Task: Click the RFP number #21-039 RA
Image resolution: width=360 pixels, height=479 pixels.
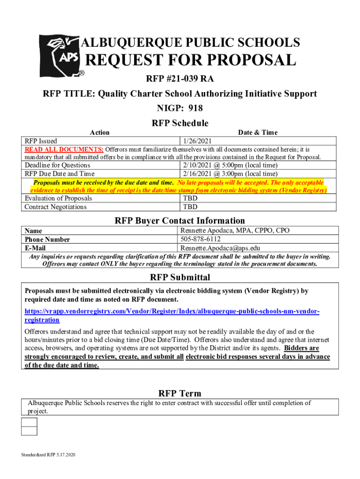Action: tap(180, 78)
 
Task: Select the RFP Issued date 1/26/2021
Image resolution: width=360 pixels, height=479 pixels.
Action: tap(197, 141)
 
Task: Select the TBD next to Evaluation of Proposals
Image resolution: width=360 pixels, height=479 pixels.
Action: tap(190, 198)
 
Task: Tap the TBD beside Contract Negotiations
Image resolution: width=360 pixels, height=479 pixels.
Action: tap(190, 207)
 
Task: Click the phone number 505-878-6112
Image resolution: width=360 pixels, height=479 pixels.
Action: tap(201, 239)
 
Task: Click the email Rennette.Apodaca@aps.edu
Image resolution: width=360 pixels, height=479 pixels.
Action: tap(220, 248)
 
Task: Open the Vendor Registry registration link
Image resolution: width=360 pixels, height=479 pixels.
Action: tap(172, 315)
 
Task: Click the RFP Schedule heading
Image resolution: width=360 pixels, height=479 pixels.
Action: tap(180, 123)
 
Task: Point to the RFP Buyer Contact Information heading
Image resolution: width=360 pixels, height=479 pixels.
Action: tap(180, 220)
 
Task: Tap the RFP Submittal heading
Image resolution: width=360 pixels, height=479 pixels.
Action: tap(180, 277)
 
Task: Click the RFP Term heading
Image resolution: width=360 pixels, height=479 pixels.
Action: tap(180, 393)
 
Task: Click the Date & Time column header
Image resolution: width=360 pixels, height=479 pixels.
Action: tap(258, 132)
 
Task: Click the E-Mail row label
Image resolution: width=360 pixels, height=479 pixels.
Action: tap(35, 248)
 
